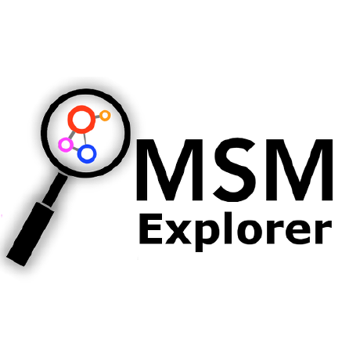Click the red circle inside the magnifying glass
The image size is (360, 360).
pos(80,119)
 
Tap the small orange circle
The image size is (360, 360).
pos(105,116)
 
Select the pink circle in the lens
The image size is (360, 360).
pos(66,145)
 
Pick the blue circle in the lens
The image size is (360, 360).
pos(88,153)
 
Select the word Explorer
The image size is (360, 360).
pos(232,233)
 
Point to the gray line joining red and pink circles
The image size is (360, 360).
pos(72,134)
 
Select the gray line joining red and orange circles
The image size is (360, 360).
pos(95,117)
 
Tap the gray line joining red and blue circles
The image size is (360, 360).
pos(84,137)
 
